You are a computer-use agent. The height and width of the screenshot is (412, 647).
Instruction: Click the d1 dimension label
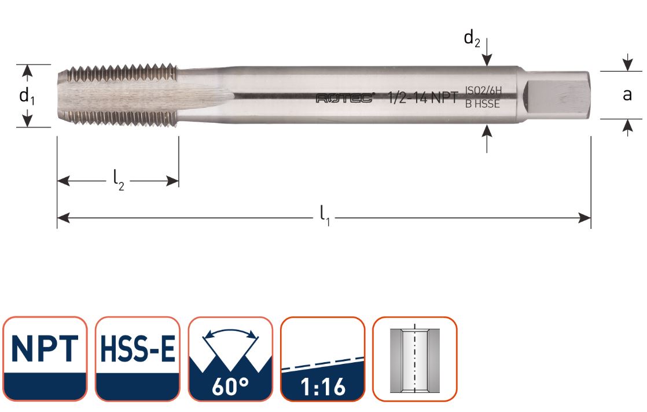pyautogui.click(x=27, y=96)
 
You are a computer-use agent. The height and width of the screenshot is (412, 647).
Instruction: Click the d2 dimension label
pyautogui.click(x=472, y=39)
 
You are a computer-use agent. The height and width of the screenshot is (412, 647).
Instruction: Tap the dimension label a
pyautogui.click(x=627, y=95)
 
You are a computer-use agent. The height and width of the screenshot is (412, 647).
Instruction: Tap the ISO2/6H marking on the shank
pyautogui.click(x=483, y=92)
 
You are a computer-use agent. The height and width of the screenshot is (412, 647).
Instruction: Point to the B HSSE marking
pyautogui.click(x=483, y=104)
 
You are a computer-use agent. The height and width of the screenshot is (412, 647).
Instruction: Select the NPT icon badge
pyautogui.click(x=45, y=359)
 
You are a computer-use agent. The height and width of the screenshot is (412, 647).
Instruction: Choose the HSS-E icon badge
pyautogui.click(x=138, y=359)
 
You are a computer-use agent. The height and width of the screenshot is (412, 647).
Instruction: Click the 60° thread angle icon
pyautogui.click(x=230, y=359)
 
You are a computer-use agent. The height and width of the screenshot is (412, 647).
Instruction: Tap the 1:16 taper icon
pyautogui.click(x=323, y=359)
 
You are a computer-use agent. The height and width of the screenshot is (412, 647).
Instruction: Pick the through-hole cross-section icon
pyautogui.click(x=414, y=359)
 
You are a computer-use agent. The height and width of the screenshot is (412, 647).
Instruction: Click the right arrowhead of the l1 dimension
pyautogui.click(x=586, y=218)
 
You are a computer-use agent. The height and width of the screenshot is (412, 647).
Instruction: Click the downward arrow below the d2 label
pyautogui.click(x=488, y=59)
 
